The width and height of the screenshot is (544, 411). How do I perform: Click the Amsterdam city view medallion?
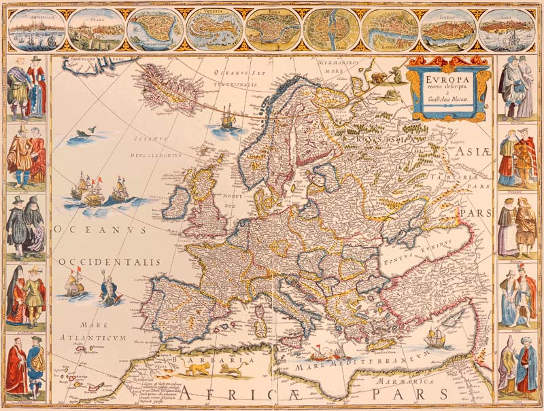(37, 29)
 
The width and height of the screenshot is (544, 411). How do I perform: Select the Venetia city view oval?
(215, 29)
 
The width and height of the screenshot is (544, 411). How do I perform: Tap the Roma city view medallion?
(273, 29)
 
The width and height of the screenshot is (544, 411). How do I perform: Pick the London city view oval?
(389, 29)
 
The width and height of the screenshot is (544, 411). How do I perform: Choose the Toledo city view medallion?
(447, 29)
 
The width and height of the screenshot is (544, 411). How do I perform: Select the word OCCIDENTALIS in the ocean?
(109, 262)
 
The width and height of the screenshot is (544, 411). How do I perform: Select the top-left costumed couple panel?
(27, 89)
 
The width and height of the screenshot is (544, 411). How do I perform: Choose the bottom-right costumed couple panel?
(517, 366)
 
